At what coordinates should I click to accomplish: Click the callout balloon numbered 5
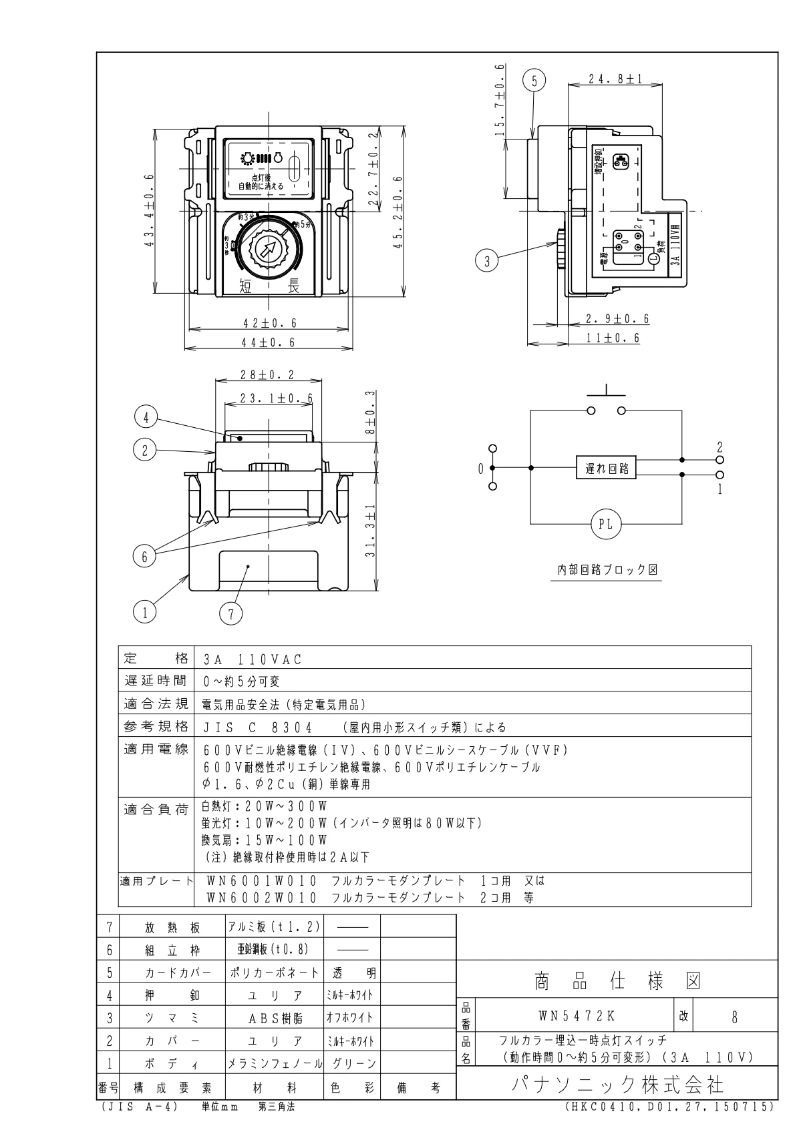click(x=534, y=81)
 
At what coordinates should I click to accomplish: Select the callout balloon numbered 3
click(x=487, y=262)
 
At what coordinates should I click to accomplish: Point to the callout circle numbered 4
click(x=146, y=418)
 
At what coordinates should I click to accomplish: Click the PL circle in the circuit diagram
click(x=605, y=525)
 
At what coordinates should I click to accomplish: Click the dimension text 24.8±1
click(x=615, y=79)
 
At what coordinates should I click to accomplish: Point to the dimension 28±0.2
click(x=267, y=375)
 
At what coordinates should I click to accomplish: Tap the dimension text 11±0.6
click(x=613, y=338)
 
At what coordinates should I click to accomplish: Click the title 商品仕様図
click(x=617, y=980)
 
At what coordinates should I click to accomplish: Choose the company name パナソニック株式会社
click(x=617, y=1084)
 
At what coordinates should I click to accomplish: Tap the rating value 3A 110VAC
click(x=253, y=659)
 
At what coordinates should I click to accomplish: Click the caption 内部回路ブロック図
click(x=607, y=570)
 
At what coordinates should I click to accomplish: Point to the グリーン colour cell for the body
click(x=351, y=1064)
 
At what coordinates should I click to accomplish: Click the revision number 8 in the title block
click(x=734, y=1017)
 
